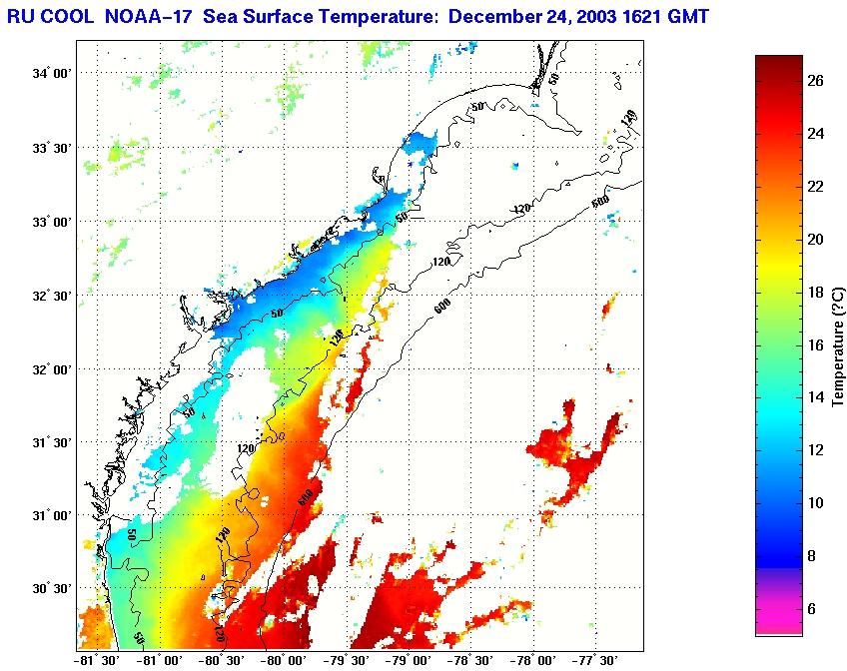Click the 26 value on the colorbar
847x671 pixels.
point(815,82)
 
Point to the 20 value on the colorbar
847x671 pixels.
point(815,240)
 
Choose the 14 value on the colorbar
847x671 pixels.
point(815,397)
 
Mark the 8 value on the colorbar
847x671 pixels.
point(814,555)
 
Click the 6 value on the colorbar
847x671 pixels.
point(814,608)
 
